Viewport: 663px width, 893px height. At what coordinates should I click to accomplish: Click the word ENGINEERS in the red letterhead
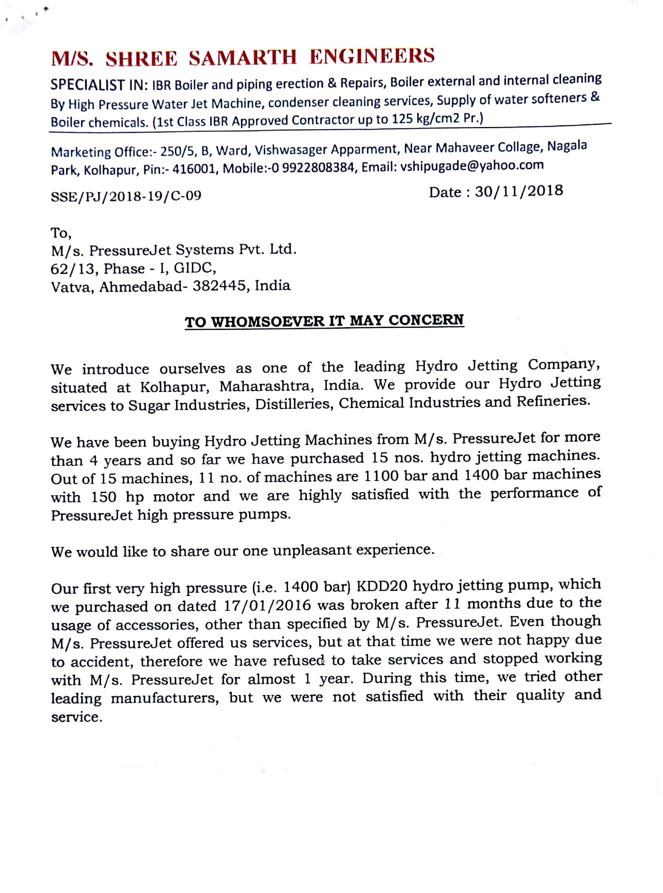[372, 56]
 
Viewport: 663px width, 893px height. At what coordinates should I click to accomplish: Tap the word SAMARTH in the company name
[243, 58]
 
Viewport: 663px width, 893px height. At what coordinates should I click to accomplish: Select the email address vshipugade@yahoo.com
[472, 165]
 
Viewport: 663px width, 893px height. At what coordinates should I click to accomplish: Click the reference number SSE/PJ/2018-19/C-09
[126, 196]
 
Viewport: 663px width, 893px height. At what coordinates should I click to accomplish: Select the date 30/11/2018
[519, 191]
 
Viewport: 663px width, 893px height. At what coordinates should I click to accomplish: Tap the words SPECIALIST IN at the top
[100, 85]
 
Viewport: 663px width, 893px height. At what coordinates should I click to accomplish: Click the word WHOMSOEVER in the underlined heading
[268, 322]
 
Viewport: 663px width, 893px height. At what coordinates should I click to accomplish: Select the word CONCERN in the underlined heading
[426, 320]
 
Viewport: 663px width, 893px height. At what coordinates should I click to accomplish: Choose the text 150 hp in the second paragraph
[118, 497]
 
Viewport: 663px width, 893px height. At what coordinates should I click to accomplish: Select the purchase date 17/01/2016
[267, 605]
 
